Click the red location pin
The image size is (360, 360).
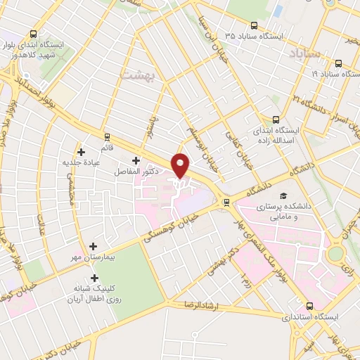pyautogui.click(x=181, y=165)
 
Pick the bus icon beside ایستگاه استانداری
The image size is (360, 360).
pyautogui.click(x=309, y=307)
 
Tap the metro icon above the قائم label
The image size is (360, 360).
pyautogui.click(x=107, y=136)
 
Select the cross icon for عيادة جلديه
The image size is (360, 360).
pyautogui.click(x=82, y=152)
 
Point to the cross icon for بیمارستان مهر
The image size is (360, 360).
pyautogui.click(x=93, y=246)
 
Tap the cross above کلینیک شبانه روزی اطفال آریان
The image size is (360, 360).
pyautogui.click(x=95, y=278)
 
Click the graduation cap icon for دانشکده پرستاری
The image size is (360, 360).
pyautogui.click(x=283, y=196)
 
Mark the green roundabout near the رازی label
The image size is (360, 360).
pyautogui.click(x=336, y=252)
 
